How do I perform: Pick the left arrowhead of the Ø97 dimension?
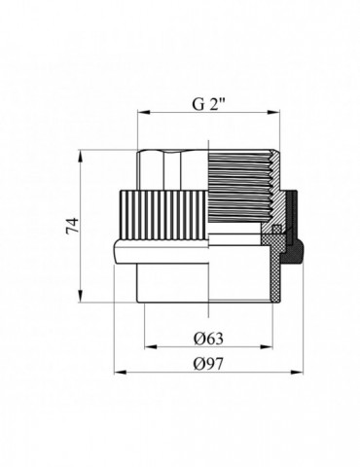point(118,373)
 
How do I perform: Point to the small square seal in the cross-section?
point(275,230)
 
